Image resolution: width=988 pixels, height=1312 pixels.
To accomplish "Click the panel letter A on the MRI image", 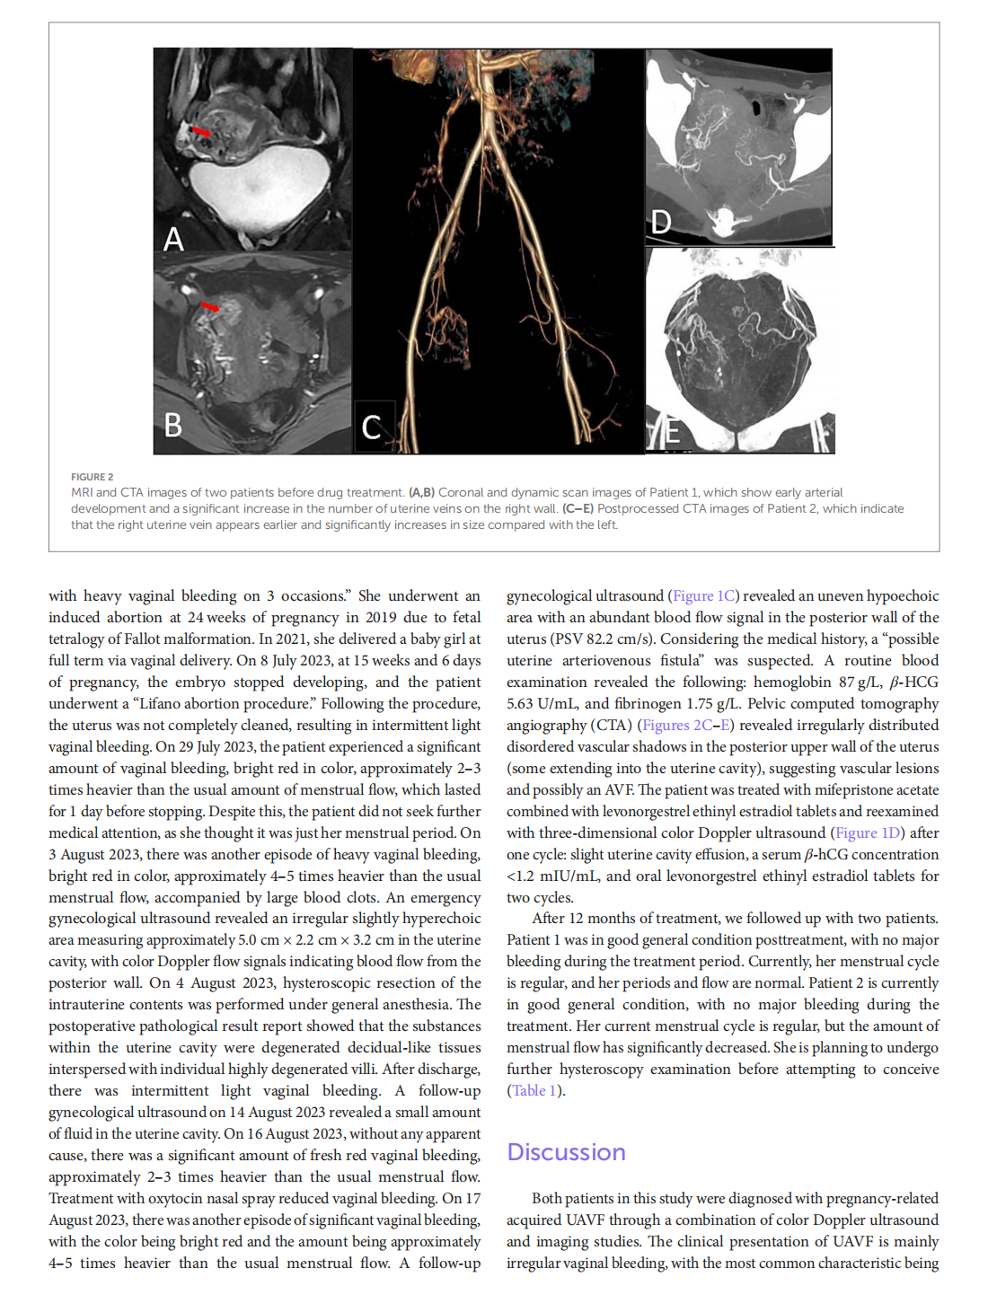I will tap(173, 239).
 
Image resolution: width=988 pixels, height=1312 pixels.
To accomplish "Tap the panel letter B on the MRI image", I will tap(173, 424).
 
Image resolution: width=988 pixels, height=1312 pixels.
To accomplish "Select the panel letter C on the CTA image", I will tap(371, 427).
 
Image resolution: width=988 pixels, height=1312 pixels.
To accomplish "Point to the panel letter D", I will tap(661, 222).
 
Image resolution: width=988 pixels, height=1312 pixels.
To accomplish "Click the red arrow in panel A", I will tap(202, 132).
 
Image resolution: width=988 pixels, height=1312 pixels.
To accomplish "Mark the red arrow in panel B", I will tap(209, 307).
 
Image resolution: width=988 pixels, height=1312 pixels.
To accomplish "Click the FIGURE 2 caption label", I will tap(93, 477).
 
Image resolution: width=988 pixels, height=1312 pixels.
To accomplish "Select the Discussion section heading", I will tap(566, 1152).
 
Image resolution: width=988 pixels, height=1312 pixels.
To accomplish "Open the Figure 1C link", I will tap(704, 595).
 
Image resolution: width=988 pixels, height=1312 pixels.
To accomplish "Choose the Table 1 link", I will tap(535, 1090).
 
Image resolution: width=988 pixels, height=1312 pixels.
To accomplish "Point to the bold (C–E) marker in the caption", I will tap(578, 508).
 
